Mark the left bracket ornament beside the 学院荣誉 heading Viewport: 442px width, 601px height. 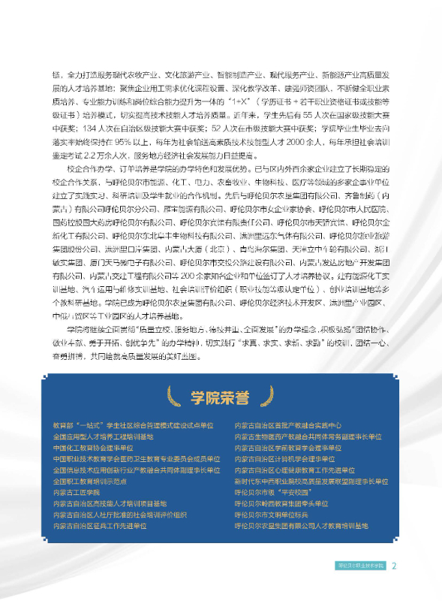click(x=180, y=397)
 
